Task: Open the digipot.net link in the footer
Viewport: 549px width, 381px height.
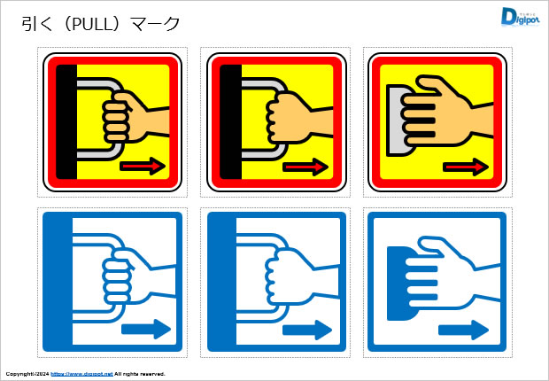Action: (x=82, y=374)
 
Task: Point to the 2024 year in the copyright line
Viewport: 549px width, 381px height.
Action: (x=43, y=374)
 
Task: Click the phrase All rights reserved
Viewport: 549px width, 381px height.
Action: (x=140, y=374)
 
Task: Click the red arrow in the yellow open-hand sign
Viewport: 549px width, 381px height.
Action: (x=466, y=167)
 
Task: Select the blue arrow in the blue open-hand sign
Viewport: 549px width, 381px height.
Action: (x=463, y=330)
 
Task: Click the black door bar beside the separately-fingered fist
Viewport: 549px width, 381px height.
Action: (x=66, y=122)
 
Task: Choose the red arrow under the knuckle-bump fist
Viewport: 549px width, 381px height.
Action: (x=305, y=167)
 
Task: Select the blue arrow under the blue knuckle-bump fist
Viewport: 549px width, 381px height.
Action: (x=307, y=330)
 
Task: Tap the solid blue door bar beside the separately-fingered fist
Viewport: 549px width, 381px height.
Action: (x=58, y=282)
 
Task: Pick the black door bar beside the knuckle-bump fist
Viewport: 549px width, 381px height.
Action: (x=231, y=122)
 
